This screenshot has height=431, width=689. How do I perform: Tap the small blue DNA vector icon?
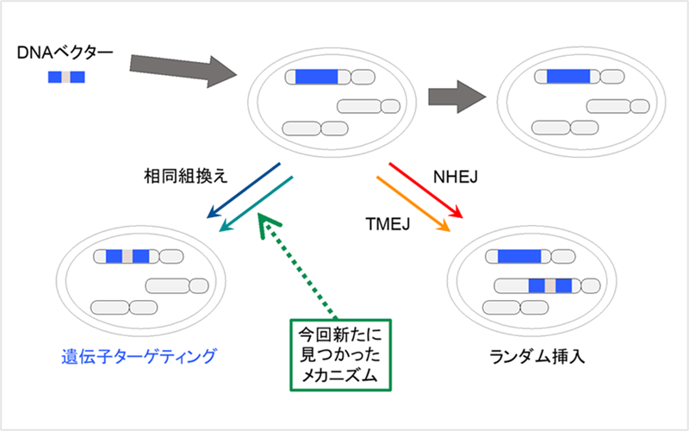66,78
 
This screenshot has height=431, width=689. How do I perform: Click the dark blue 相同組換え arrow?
245,189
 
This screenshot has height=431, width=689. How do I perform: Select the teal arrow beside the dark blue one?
258,205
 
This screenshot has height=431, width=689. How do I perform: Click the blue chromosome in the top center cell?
320,78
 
